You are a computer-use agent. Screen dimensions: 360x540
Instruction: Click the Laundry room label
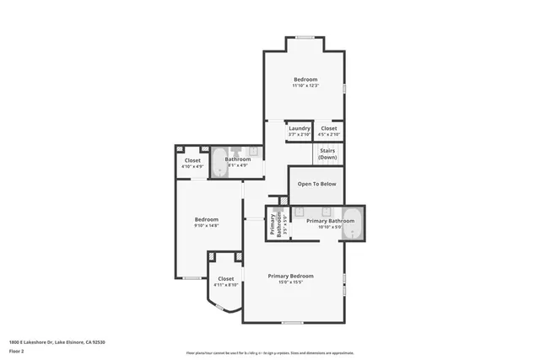click(x=300, y=128)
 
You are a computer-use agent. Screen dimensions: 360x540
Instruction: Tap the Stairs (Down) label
click(x=328, y=154)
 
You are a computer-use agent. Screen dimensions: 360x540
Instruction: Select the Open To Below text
click(x=316, y=183)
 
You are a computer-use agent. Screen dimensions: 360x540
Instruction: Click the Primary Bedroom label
click(x=291, y=276)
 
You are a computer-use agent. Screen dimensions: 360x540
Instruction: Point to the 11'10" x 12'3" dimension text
click(x=305, y=86)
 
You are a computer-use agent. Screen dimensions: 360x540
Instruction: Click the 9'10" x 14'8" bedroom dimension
click(x=206, y=225)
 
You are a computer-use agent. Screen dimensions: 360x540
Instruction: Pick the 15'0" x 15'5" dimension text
click(x=291, y=282)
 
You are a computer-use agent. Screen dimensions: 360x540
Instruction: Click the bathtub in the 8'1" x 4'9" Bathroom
click(x=218, y=161)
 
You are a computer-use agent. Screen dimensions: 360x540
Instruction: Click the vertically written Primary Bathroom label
click(x=273, y=223)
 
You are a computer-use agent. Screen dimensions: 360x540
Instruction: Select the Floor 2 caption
click(x=17, y=350)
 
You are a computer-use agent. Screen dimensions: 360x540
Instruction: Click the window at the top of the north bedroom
click(x=305, y=36)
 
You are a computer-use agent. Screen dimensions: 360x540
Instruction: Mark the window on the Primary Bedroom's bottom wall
click(x=292, y=323)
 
